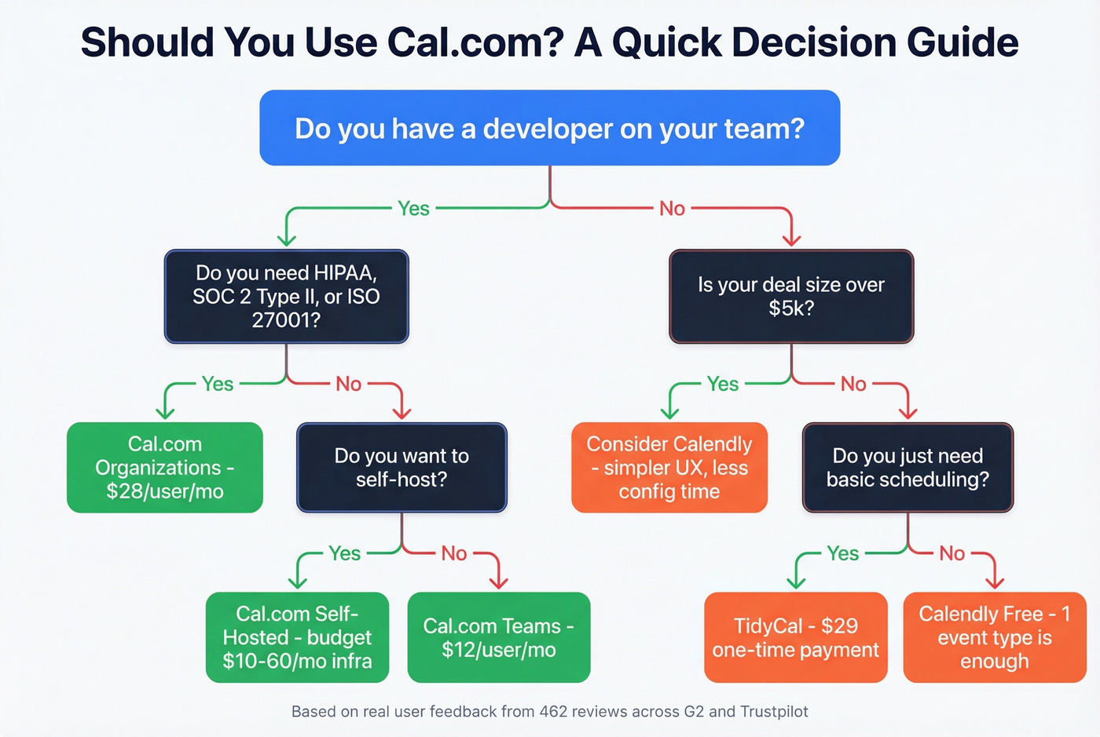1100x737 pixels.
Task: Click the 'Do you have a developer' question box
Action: click(549, 128)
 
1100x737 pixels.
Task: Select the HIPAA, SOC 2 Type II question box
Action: click(286, 297)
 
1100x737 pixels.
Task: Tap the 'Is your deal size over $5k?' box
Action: click(791, 297)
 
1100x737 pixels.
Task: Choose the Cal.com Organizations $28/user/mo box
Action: click(165, 468)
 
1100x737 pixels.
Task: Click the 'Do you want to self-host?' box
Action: click(401, 468)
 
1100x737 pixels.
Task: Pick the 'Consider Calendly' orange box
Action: click(669, 468)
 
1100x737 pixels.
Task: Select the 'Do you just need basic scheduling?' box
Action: click(907, 468)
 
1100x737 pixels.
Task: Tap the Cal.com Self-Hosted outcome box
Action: click(297, 637)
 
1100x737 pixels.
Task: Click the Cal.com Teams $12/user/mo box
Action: click(499, 637)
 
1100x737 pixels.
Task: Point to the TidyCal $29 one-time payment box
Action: click(796, 637)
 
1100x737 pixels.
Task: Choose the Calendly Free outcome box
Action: click(995, 637)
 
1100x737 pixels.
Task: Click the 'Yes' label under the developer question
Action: click(413, 208)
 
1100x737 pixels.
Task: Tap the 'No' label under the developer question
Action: click(672, 208)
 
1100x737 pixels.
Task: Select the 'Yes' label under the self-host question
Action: click(344, 553)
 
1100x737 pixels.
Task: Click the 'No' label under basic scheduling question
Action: click(951, 553)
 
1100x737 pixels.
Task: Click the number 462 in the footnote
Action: click(555, 712)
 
